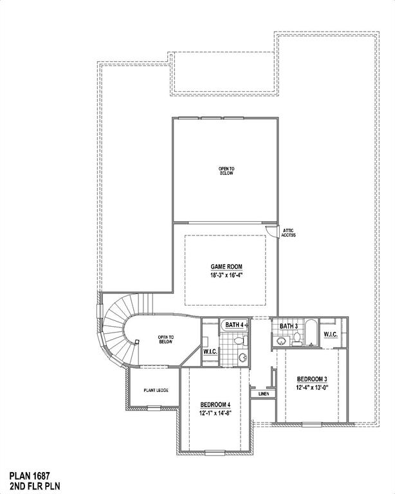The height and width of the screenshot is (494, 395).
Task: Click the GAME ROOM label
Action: pos(226,266)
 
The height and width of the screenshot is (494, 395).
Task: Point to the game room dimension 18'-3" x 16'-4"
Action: pos(226,275)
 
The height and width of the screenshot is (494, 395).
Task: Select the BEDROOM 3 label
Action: pos(313,379)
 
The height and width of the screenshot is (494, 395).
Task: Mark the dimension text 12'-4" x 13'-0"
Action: pos(313,388)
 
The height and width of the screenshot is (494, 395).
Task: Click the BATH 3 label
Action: pos(288,327)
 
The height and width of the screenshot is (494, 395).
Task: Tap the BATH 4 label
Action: pos(233,325)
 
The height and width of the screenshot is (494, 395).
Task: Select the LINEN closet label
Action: pos(263,393)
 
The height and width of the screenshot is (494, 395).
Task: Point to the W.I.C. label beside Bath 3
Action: pos(331,334)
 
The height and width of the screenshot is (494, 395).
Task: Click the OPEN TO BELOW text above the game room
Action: pos(226,171)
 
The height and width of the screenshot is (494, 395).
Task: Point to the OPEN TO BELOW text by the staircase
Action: pos(166,340)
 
